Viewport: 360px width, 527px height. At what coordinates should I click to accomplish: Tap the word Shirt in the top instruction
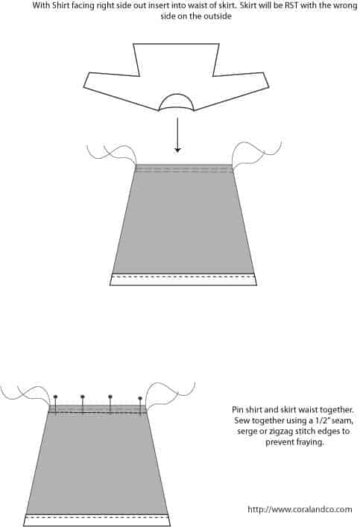[60, 6]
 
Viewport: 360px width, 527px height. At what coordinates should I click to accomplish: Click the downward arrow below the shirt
[177, 135]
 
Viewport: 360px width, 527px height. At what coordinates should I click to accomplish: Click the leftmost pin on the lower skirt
[55, 405]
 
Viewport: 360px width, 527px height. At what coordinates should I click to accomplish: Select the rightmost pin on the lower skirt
[140, 407]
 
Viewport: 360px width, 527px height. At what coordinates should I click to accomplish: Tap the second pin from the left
[83, 405]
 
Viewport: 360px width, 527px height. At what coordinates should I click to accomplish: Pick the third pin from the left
[110, 405]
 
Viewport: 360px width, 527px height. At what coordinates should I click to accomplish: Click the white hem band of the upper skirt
[183, 280]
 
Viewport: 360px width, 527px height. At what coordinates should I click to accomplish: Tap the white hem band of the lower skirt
[97, 520]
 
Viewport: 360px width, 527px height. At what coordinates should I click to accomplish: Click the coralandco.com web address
[300, 510]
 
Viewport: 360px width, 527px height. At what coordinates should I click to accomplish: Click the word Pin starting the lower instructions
[238, 410]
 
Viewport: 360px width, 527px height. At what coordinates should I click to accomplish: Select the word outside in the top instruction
[219, 16]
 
